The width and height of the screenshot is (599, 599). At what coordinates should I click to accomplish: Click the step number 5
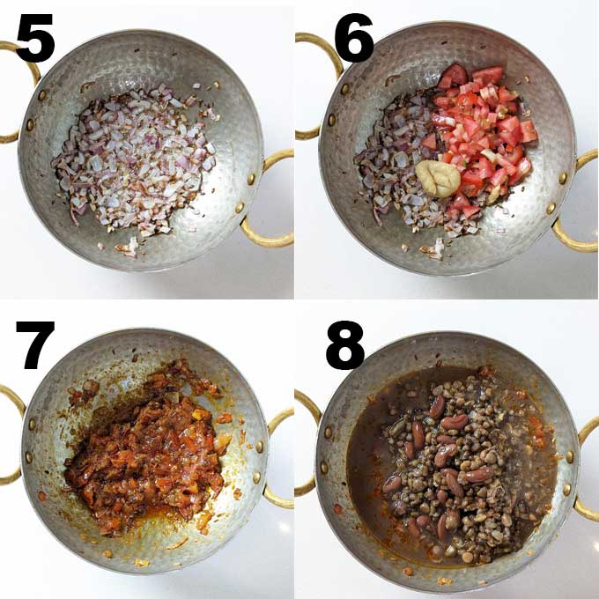point(35,37)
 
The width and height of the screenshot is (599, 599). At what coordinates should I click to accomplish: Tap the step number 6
point(354,37)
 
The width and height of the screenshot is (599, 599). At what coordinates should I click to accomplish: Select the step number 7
point(34,345)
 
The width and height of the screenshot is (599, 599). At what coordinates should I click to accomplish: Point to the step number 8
point(345,345)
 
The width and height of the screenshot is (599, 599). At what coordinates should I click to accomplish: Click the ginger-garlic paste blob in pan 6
point(438,179)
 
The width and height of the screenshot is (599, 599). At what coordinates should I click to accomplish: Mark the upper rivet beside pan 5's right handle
point(250,179)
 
